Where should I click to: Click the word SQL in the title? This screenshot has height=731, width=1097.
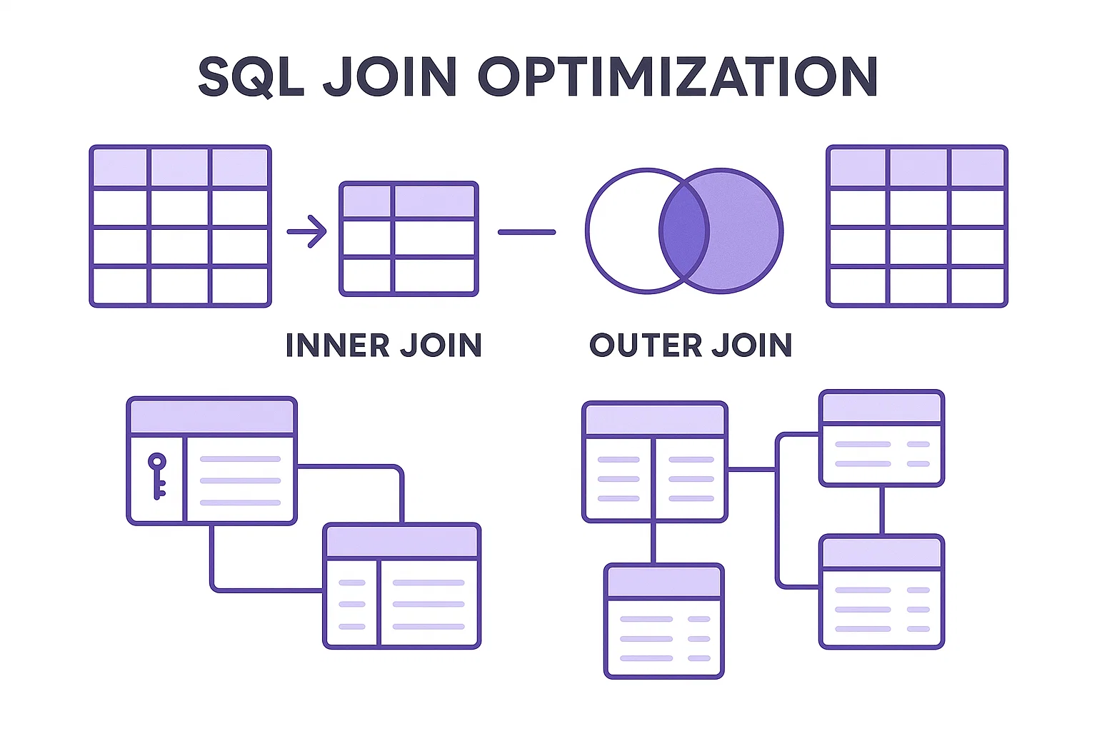click(251, 76)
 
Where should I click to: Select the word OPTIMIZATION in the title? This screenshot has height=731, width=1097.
click(677, 76)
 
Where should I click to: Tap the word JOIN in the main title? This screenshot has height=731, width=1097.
click(390, 76)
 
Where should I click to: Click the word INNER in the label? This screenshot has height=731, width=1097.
click(337, 346)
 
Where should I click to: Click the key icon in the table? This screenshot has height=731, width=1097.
click(157, 475)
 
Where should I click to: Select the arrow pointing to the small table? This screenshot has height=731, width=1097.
click(307, 231)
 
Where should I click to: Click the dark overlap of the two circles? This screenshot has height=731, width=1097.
click(684, 231)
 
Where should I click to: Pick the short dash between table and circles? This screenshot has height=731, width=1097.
click(526, 232)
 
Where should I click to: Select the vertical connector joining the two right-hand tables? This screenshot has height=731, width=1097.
click(881, 510)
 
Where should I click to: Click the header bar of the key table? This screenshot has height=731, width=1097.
click(211, 415)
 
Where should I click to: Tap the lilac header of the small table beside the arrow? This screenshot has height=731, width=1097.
click(409, 201)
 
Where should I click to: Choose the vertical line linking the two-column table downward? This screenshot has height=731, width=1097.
click(653, 543)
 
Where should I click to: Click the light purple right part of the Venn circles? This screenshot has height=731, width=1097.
click(746, 231)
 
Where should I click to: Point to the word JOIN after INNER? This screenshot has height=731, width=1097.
click(441, 346)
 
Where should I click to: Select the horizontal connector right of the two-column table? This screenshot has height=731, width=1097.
click(751, 469)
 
